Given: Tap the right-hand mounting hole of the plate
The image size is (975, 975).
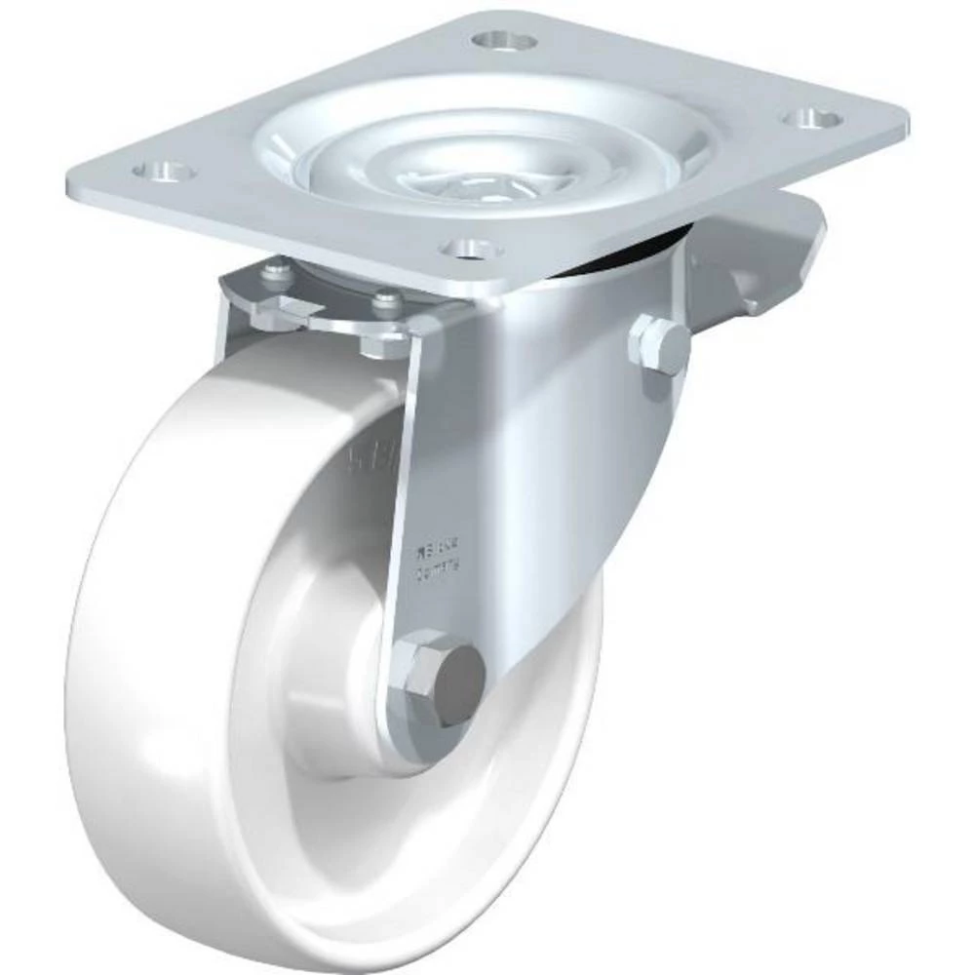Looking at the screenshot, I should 814,118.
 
